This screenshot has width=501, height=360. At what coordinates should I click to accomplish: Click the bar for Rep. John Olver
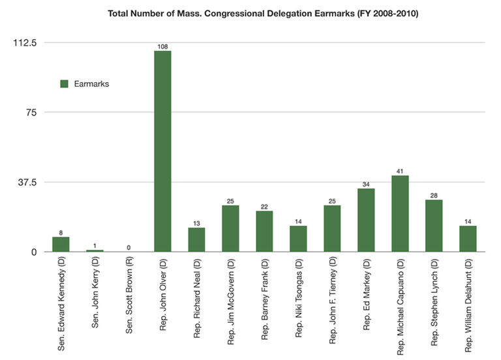pos(162,151)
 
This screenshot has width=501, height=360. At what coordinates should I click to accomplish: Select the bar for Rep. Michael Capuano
pos(400,213)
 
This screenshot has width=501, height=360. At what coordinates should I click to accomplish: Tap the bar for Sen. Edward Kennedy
pos(61,244)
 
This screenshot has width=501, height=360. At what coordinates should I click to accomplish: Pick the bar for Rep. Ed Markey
pos(366,220)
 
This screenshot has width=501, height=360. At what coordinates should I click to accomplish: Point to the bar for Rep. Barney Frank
pos(264,231)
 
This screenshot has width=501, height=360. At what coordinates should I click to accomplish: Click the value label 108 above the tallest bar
pos(162,46)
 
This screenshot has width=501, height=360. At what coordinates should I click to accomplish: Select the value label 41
pos(400,171)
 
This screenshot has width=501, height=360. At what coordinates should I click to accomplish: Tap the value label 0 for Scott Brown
pos(129,247)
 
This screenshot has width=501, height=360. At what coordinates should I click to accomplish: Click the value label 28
pos(434,195)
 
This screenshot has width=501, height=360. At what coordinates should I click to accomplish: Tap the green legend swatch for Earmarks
pos(64,84)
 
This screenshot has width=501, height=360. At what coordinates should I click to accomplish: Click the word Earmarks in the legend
pos(91,84)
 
